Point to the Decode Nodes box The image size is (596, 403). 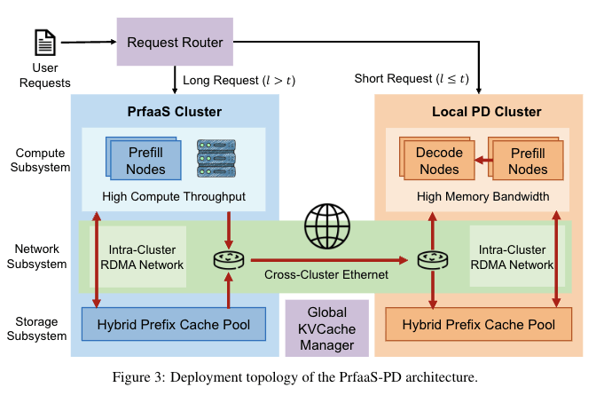coord(439,160)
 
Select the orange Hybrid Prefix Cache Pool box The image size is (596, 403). coord(478,325)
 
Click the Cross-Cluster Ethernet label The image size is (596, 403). coord(326,275)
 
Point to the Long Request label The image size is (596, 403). coord(239,80)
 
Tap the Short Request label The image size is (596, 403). coord(411,80)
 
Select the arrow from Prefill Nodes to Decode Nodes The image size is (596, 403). coord(476,161)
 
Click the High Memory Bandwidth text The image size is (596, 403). coord(477,195)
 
